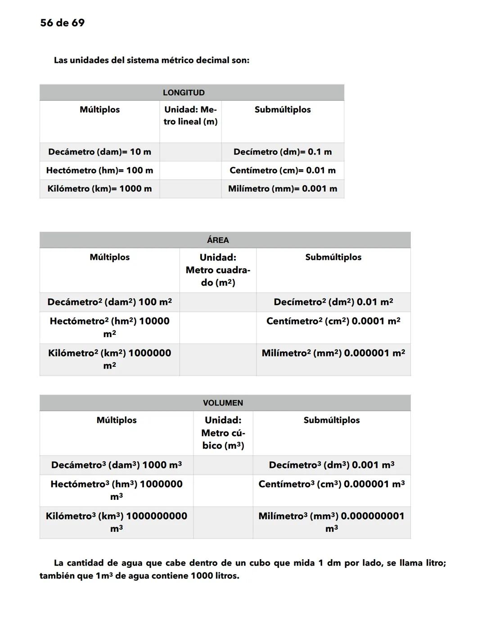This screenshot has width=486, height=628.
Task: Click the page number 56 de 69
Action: pos(62,23)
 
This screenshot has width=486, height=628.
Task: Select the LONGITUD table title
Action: pos(184,93)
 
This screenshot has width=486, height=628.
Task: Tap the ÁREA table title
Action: pos(218,240)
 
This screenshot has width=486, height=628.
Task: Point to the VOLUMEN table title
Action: pos(223,403)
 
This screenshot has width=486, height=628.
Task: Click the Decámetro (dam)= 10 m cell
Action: pos(99,152)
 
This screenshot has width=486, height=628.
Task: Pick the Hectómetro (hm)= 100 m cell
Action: pos(99,170)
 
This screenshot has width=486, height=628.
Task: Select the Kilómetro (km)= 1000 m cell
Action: pos(99,189)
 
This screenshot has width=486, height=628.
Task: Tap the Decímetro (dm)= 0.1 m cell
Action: pos(283,152)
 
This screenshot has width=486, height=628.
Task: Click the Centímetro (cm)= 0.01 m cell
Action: pos(283,170)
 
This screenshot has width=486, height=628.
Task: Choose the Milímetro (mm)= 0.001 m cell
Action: pos(283,189)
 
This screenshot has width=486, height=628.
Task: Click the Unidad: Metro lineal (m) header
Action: pos(190,116)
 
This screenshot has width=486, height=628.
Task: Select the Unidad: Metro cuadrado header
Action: pos(218,270)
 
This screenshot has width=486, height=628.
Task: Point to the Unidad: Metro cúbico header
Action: pos(223,432)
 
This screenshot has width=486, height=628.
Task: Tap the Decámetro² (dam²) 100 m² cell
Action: pos(109,302)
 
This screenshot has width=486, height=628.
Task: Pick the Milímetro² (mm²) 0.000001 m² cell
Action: pos(333,353)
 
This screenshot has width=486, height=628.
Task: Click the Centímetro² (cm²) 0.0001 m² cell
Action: pos(333,321)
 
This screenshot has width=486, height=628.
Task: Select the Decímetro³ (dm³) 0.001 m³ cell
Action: pos(332,465)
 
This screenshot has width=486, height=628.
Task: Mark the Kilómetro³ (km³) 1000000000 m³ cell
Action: pos(117,522)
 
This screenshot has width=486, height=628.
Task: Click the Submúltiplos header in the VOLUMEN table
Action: pos(332,420)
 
